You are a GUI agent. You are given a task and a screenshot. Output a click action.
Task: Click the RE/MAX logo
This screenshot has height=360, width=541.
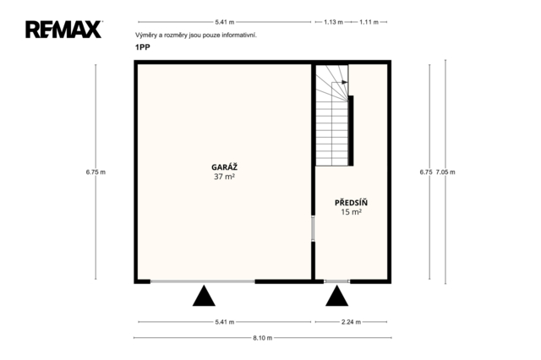click(x=64, y=30)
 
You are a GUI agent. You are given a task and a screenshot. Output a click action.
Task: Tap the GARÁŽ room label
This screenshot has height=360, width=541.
click(x=224, y=167)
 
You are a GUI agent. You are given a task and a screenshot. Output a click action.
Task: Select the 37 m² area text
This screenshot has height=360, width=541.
click(x=224, y=177)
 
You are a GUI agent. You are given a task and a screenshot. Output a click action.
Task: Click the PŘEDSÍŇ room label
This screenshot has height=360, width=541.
click(x=351, y=203)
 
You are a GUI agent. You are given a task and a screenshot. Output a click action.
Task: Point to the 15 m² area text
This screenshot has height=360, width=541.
click(x=351, y=212)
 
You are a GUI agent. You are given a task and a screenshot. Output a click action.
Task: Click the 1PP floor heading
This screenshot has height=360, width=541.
click(x=143, y=47)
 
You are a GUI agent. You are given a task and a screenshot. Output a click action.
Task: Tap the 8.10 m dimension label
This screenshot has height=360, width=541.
click(x=263, y=338)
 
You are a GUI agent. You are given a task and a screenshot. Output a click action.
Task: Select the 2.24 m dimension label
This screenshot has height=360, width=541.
click(x=352, y=322)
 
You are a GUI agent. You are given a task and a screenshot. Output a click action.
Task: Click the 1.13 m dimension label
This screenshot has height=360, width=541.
click(x=333, y=22)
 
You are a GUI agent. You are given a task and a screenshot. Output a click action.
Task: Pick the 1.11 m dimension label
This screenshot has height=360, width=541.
click(x=369, y=22)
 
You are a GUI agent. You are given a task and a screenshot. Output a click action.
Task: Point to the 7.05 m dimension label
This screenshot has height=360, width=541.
click(x=445, y=172)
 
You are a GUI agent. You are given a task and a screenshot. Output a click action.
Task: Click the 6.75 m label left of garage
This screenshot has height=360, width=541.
click(x=96, y=172)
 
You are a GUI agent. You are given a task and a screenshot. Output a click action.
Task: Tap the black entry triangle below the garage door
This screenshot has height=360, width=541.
click(x=204, y=296)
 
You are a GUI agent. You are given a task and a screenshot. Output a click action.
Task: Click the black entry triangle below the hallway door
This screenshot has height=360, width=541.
click(x=336, y=296)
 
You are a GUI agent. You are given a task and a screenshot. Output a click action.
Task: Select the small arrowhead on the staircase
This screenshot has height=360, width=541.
click(x=345, y=83)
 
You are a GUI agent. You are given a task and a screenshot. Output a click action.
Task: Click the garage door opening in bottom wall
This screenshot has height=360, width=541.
click(x=203, y=281)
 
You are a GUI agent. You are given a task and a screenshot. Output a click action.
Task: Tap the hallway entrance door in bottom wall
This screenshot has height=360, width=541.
click(x=336, y=281)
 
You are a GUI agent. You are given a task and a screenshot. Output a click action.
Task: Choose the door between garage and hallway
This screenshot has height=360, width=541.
click(x=314, y=228)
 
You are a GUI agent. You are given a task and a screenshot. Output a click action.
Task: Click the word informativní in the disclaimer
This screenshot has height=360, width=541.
click(x=239, y=35)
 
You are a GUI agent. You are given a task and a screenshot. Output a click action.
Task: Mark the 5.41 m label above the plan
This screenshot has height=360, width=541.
click(x=225, y=22)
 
